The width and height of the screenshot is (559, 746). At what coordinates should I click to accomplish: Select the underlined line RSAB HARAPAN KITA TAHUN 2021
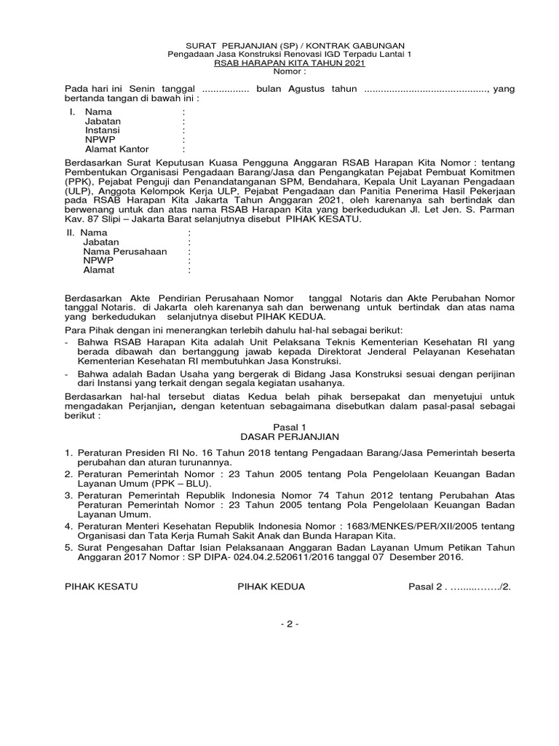(x=280, y=63)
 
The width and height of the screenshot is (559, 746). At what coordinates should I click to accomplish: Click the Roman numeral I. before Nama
(x=72, y=112)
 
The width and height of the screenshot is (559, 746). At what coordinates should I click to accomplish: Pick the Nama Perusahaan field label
(x=125, y=251)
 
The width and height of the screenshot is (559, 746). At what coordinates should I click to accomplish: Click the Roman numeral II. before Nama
(x=71, y=232)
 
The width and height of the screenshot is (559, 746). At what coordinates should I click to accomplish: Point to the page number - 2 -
(x=280, y=624)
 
